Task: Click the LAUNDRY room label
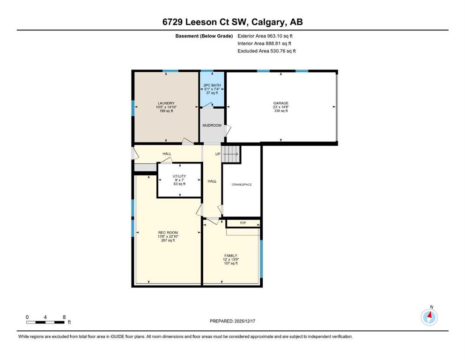(x=166, y=103)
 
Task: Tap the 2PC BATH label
(x=212, y=85)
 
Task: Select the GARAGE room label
(x=281, y=103)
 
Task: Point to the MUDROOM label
(x=212, y=125)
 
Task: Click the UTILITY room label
(x=179, y=176)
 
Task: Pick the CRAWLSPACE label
(x=242, y=185)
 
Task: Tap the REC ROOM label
(x=168, y=232)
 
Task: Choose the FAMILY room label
(x=231, y=255)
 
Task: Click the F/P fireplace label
(x=243, y=223)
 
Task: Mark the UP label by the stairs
(x=218, y=154)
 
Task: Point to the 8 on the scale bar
(x=64, y=317)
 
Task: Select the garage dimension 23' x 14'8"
(x=281, y=107)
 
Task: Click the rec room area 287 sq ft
(x=168, y=240)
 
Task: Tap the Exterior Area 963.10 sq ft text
(x=265, y=36)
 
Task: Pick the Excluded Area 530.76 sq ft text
(x=266, y=51)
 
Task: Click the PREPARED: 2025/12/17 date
(x=232, y=321)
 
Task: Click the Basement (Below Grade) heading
(x=204, y=36)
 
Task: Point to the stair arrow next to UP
(x=231, y=154)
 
